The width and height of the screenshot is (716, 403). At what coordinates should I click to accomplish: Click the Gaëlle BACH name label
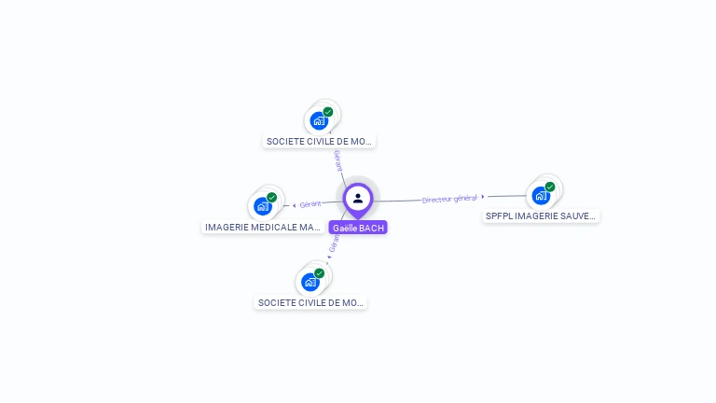[358, 228]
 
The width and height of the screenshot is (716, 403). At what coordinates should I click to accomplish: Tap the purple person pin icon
[358, 199]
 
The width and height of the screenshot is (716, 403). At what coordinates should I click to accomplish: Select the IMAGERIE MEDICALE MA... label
[263, 227]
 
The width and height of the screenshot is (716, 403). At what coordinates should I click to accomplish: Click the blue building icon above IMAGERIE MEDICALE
[263, 206]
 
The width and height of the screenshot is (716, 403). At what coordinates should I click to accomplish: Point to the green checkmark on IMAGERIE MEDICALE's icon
[272, 198]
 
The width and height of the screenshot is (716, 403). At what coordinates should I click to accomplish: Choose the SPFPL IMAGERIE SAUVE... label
[541, 215]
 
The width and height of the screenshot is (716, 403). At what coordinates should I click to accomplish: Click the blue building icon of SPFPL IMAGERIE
[540, 195]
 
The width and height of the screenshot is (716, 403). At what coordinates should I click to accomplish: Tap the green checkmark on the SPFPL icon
[550, 187]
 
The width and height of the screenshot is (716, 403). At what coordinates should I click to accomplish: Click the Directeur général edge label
[449, 199]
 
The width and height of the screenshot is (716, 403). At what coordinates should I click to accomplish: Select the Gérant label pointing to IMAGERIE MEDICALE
[310, 203]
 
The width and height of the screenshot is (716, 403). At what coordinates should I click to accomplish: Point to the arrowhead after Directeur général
[483, 197]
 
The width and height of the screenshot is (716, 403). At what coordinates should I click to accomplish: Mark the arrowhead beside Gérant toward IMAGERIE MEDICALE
[295, 205]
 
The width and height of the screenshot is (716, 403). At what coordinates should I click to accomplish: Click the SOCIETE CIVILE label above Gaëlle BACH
[320, 142]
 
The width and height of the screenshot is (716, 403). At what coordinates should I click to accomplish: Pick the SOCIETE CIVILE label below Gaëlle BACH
[311, 302]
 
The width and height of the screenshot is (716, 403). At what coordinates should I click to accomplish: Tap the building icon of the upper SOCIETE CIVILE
[319, 120]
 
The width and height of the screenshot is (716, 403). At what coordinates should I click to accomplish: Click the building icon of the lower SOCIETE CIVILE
[310, 282]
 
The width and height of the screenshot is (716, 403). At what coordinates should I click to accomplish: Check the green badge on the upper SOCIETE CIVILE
[328, 112]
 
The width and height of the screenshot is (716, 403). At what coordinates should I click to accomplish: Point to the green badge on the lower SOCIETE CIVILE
[319, 273]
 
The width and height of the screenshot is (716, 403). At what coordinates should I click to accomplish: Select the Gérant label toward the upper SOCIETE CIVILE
[337, 160]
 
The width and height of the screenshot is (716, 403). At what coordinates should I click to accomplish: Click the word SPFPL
[500, 215]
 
